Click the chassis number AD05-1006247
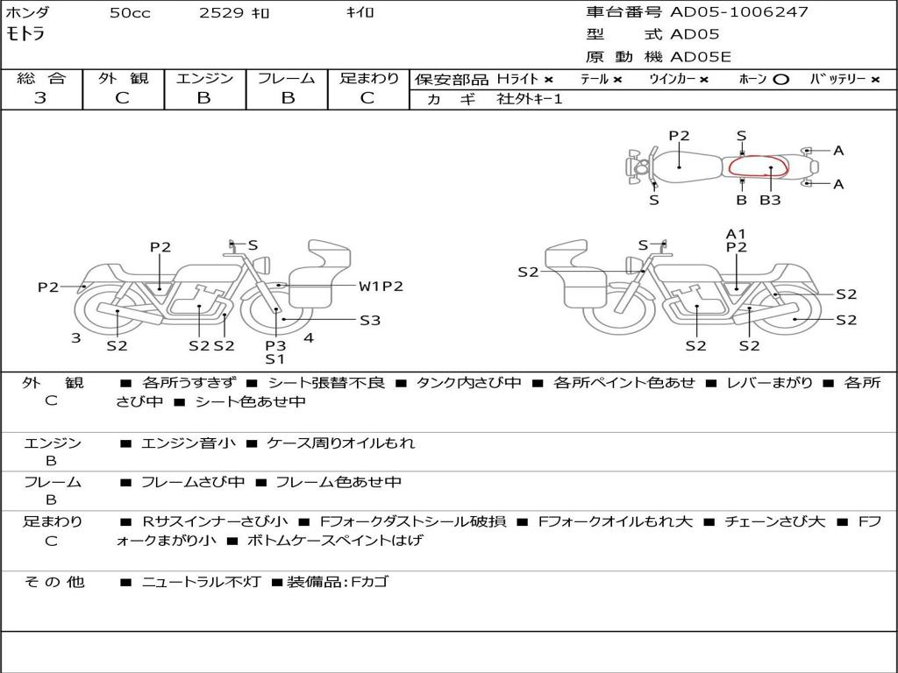pos(739,12)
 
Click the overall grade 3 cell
pos(40,98)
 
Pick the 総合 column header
pos(41,78)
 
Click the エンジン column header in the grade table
pos(204,78)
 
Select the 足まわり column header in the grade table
pos(369,78)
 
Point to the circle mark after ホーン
pos(780,79)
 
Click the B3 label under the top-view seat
pos(770,200)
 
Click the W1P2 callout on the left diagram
pos(381,286)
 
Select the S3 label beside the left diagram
pos(370,320)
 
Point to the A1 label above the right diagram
pos(736,233)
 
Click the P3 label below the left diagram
pos(275,345)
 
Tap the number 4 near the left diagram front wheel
pos(309,337)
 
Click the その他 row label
pos(54,581)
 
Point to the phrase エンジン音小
pos(188,443)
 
